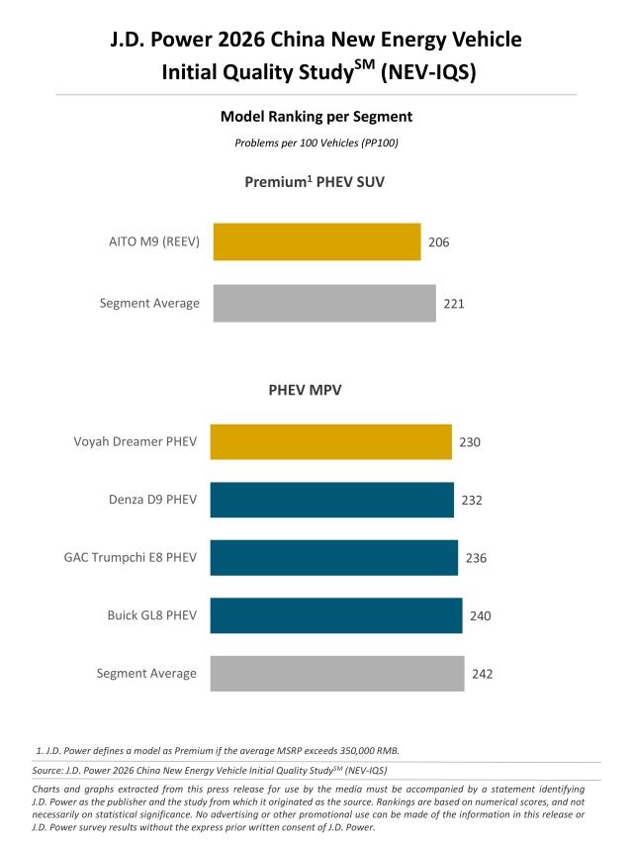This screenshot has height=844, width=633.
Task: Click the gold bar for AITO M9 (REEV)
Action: pos(316,242)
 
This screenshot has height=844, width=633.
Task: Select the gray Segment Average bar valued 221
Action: pos(324,304)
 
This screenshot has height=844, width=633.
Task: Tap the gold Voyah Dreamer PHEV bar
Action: pos(331,442)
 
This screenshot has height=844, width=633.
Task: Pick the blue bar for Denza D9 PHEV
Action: pos(332,501)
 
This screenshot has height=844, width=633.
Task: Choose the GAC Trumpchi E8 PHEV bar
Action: pos(334,558)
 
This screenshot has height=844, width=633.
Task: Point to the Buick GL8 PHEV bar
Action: pos(336,615)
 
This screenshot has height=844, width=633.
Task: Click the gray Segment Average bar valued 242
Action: pos(337,674)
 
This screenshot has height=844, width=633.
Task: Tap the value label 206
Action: pos(439,242)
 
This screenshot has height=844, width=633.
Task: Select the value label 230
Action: pos(470,442)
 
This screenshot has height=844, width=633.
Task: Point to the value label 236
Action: pos(476,558)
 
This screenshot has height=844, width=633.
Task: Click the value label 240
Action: pos(481,615)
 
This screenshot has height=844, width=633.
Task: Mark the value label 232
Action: pos(472,501)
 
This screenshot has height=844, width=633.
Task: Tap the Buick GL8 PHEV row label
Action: pos(151,615)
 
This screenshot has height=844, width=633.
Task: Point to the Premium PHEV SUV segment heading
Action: pos(316,182)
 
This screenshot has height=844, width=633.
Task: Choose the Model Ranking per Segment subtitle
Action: pos(316,117)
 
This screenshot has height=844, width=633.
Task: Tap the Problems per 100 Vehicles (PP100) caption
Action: pos(316,142)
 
